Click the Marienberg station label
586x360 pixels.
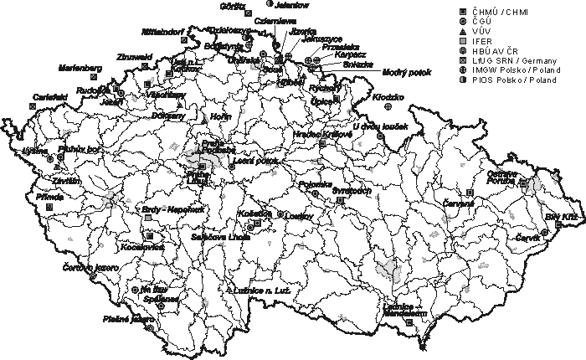tap(80, 67)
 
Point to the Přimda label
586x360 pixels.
tap(49, 196)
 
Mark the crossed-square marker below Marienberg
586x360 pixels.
tap(93, 76)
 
